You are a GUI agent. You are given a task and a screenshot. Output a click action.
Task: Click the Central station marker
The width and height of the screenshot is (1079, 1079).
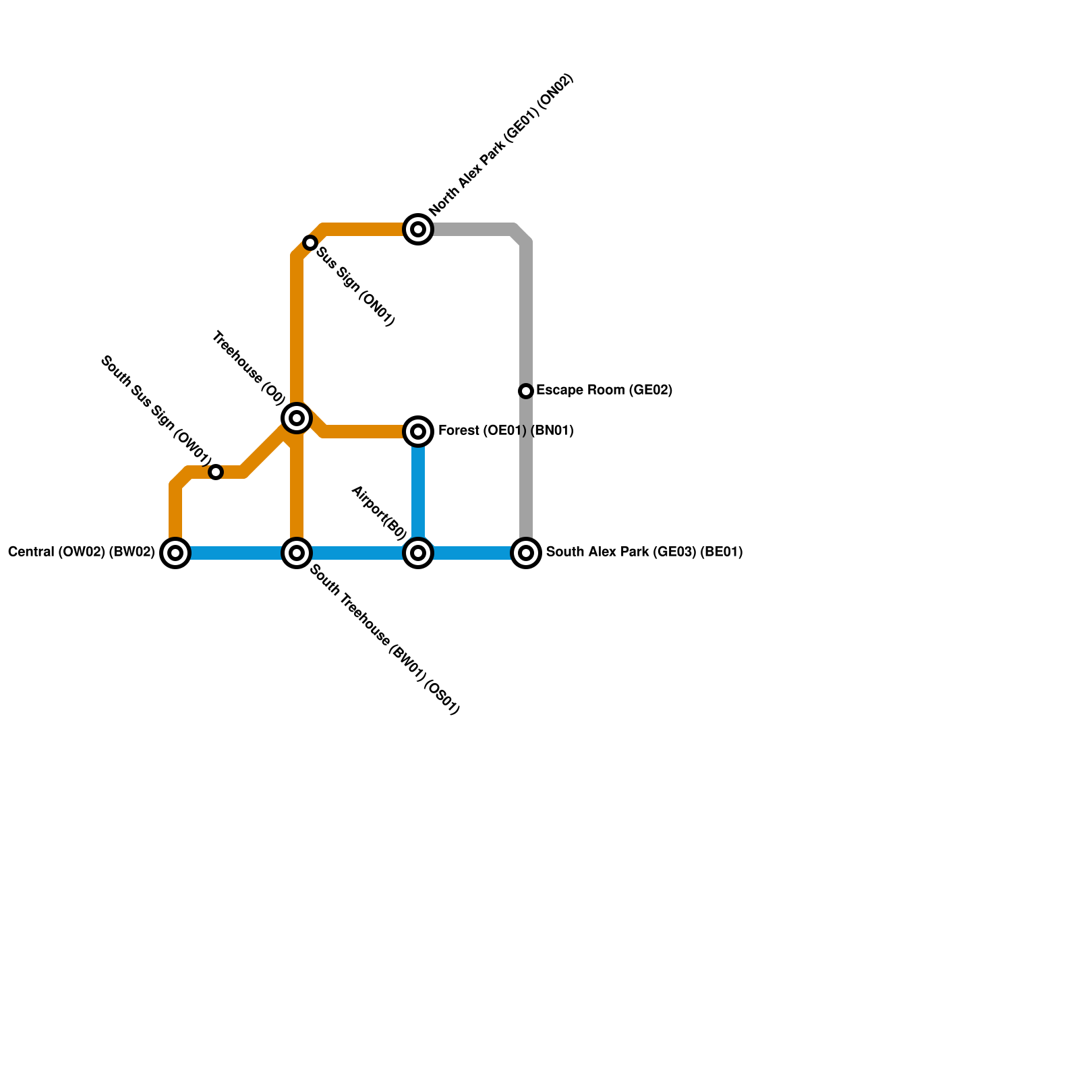pos(175,553)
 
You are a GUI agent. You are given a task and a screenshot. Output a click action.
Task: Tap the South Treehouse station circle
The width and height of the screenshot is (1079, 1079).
pos(297,553)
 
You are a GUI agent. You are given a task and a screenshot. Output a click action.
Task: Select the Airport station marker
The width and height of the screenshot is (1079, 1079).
pos(418,553)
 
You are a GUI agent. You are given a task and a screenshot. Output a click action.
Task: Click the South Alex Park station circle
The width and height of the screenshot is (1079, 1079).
pos(526,553)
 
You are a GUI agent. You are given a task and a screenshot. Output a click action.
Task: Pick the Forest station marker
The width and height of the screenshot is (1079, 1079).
pos(418,432)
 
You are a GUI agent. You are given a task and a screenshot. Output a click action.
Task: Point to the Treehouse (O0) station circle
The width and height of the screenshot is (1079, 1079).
pos(297,418)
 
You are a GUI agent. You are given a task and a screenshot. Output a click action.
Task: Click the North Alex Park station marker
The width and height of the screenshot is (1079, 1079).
pos(418,229)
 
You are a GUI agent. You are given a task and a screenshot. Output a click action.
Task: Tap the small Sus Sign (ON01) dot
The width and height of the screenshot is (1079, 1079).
pos(310,243)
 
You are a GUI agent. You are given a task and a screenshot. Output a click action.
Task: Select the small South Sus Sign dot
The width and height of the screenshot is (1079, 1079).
pos(216,472)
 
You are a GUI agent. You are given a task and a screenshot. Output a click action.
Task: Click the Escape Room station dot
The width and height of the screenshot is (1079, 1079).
pos(526,391)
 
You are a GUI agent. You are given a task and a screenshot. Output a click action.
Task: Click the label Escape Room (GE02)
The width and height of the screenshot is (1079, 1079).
pos(604,390)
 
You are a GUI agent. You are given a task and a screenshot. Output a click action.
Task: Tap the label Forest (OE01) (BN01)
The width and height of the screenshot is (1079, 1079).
pos(506,431)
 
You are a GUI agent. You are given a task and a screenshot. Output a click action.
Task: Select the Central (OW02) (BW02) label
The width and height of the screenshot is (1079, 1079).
pos(82,552)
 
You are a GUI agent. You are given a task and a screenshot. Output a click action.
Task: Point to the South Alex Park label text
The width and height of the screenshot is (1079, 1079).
pos(644,552)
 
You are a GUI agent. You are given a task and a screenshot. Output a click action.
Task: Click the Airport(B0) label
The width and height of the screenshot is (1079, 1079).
pos(378,513)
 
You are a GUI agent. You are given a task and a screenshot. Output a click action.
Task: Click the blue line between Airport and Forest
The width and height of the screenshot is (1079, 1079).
pos(418,492)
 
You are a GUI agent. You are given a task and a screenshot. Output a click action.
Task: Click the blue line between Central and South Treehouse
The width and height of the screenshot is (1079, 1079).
pos(236,553)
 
